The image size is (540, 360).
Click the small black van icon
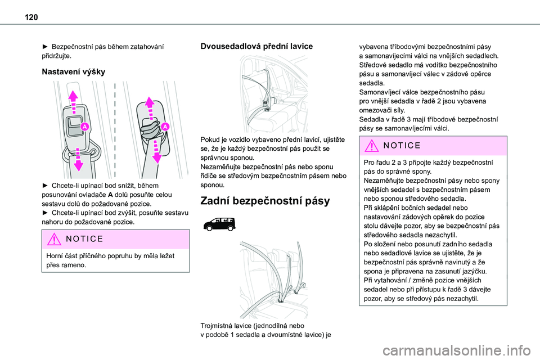[219, 223]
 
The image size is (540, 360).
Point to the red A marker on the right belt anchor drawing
[166, 128]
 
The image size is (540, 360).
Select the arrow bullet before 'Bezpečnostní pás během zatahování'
[45, 47]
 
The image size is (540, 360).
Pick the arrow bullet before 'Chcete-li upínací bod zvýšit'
[45, 213]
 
